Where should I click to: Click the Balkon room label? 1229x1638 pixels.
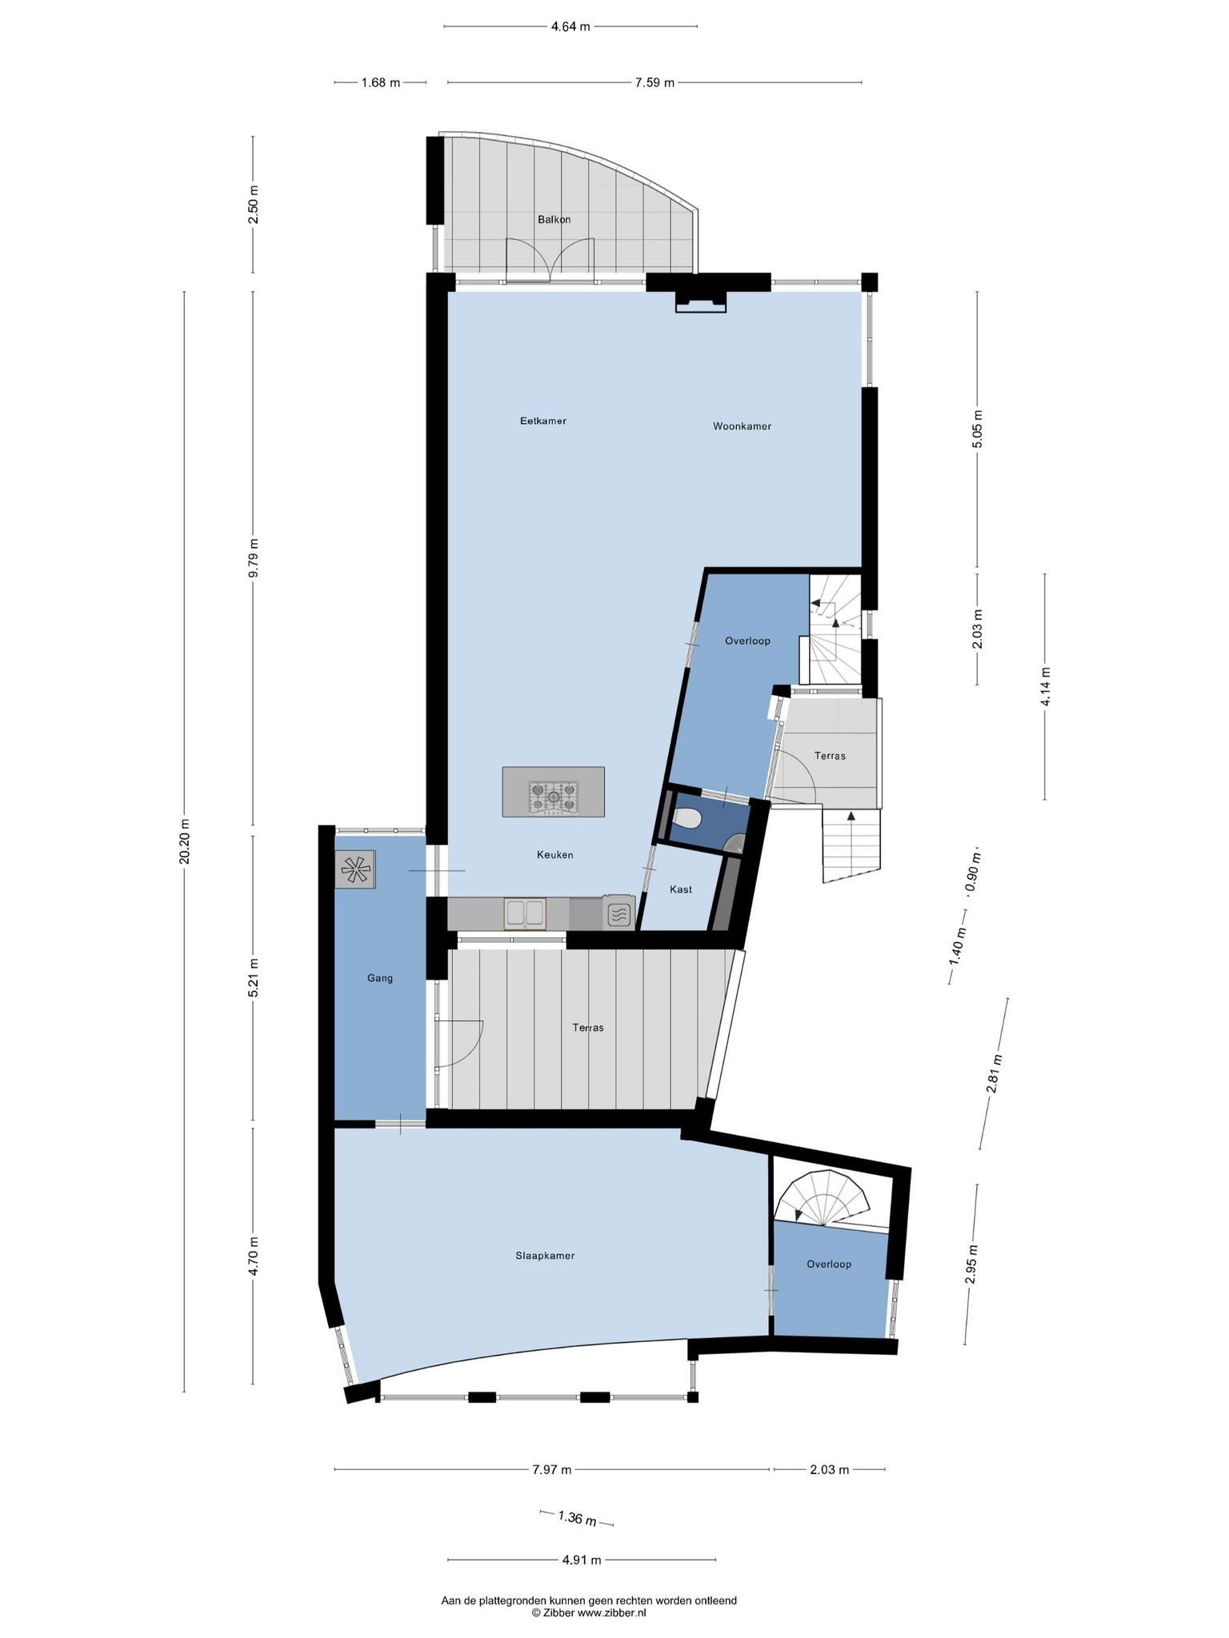coord(554,219)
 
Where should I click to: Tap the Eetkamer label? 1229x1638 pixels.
coord(543,421)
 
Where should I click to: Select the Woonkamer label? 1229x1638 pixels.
coord(743,426)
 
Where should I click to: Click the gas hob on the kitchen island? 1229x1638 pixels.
coord(553,797)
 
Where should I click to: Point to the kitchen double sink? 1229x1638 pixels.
coord(525,913)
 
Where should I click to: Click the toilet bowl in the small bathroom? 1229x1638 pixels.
coord(687,818)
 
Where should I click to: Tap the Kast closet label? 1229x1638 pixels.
coord(681,889)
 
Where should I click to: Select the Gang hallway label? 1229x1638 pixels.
coord(380,977)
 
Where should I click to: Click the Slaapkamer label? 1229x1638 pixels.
coord(545,1256)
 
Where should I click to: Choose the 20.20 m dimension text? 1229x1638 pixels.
coord(185,841)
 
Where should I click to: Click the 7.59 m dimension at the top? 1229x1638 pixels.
coord(655,82)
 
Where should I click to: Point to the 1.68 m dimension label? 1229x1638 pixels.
coord(381,82)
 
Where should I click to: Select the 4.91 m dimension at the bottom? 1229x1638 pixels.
coord(582,1559)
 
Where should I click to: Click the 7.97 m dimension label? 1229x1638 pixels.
coord(552,1469)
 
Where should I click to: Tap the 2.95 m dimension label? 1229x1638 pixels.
coord(971,1264)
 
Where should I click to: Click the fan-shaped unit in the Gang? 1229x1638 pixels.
coord(354,869)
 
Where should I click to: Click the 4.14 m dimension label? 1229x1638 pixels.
coord(1045,686)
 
